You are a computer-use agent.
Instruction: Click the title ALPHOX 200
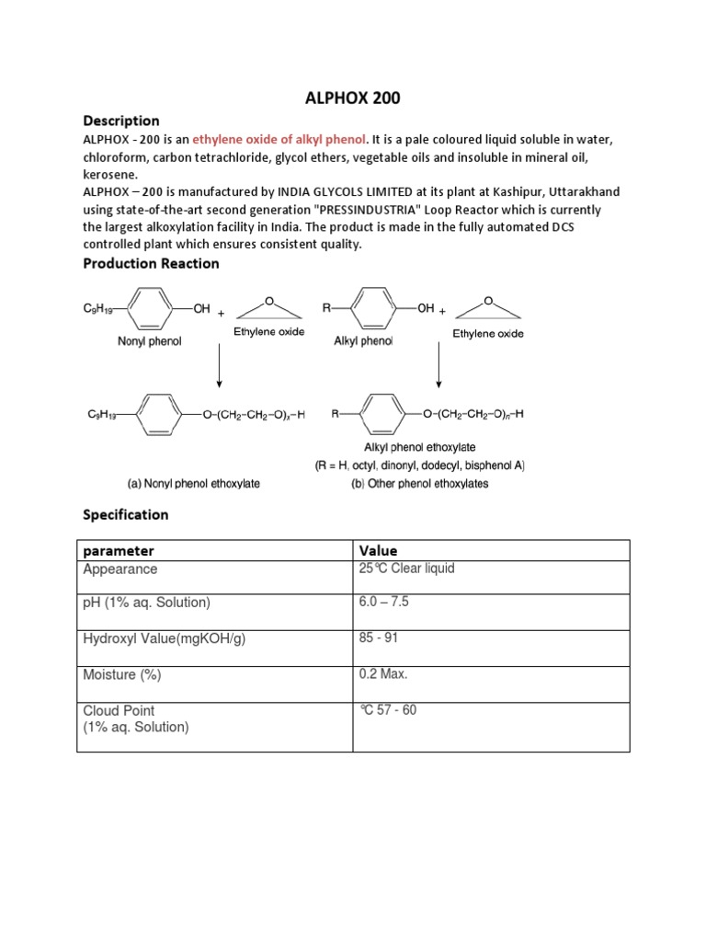pyautogui.click(x=353, y=98)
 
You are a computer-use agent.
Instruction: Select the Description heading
pyautogui.click(x=121, y=121)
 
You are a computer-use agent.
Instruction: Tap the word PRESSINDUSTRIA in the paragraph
pyautogui.click(x=321, y=208)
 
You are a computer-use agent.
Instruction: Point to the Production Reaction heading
pyautogui.click(x=151, y=263)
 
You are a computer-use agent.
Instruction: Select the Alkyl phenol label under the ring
pyautogui.click(x=363, y=341)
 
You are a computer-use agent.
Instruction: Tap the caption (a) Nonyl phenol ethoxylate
pyautogui.click(x=193, y=484)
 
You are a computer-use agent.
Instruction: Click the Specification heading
pyautogui.click(x=126, y=514)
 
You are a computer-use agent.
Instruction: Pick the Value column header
pyautogui.click(x=378, y=550)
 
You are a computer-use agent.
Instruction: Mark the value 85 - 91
pyautogui.click(x=379, y=637)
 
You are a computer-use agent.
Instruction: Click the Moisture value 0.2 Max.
pyautogui.click(x=383, y=674)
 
